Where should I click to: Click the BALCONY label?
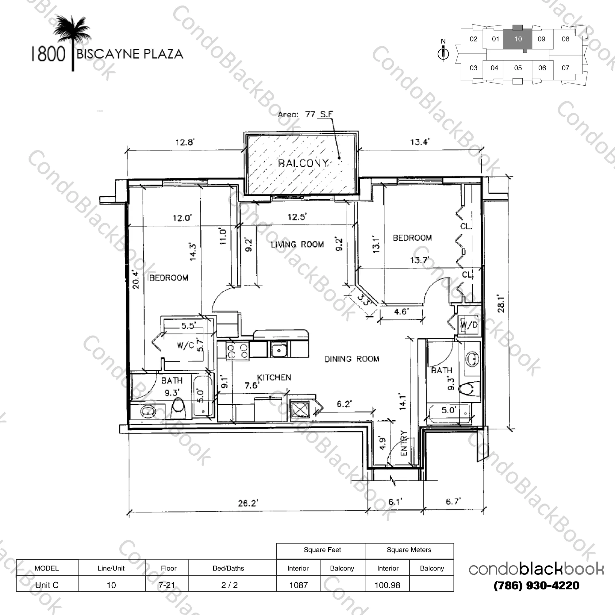tap(303, 163)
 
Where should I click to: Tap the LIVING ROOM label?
tap(297, 245)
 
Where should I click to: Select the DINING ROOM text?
tap(352, 359)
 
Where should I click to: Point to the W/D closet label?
tap(469, 325)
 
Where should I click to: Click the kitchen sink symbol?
tap(279, 349)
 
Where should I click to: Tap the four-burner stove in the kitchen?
tap(237, 351)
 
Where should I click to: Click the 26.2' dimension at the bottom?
tap(248, 503)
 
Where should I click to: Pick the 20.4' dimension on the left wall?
tap(136, 280)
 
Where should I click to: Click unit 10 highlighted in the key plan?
tap(518, 39)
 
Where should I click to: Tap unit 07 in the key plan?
tap(565, 68)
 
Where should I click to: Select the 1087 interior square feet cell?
tap(298, 585)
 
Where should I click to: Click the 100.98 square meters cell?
tap(387, 585)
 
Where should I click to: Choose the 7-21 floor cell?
tap(167, 585)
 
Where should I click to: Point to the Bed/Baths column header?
tap(228, 568)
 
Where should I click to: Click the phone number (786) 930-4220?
tap(536, 585)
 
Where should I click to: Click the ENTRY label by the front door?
tap(404, 443)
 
